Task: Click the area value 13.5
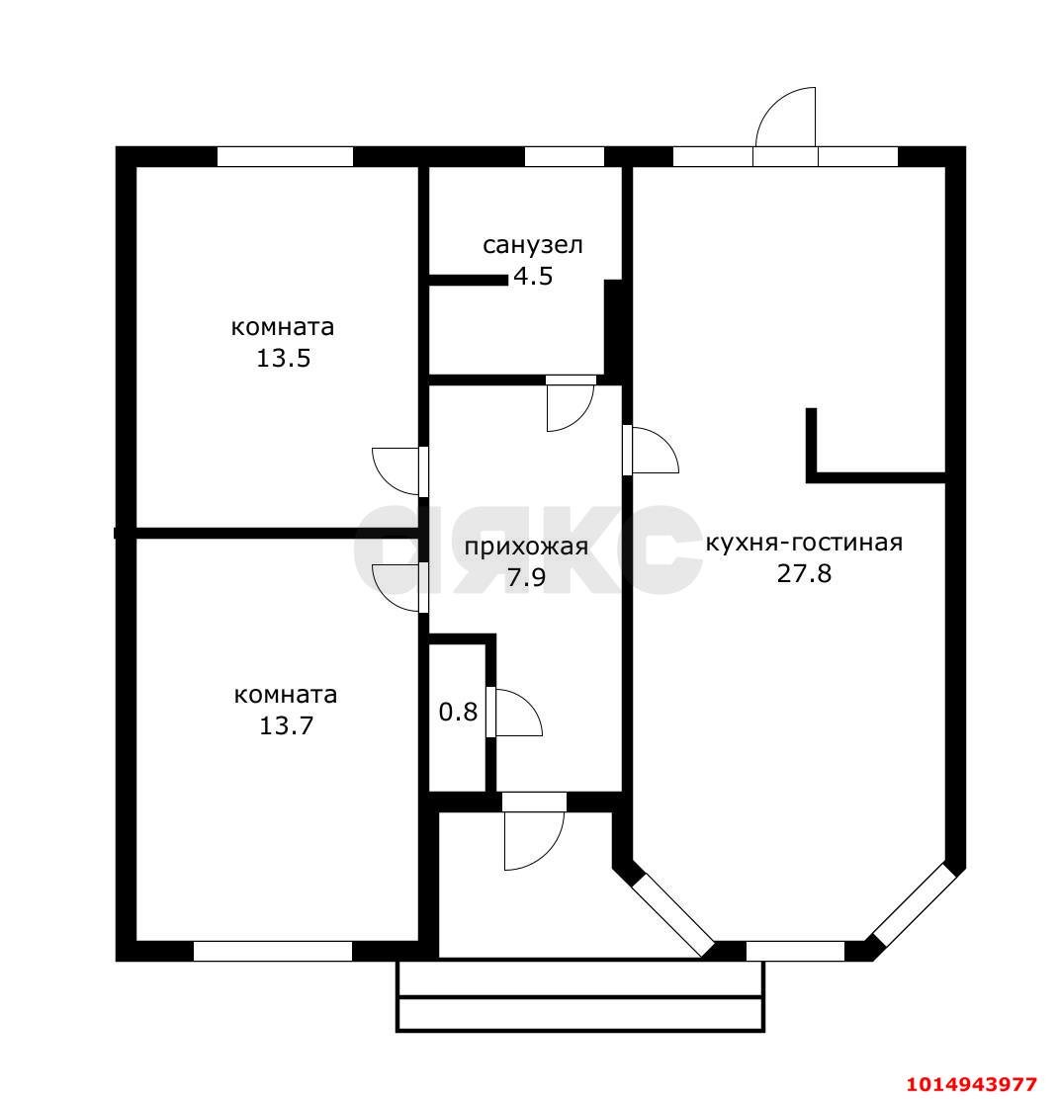pos(284,359)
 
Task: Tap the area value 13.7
pos(287,725)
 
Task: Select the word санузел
pos(533,245)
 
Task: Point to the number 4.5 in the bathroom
pos(533,276)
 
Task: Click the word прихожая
pos(526,547)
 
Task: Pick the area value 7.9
pos(526,577)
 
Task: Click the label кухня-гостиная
pos(804,543)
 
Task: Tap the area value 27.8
pos(804,573)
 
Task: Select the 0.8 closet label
pos(459,712)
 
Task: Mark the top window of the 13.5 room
pos(284,156)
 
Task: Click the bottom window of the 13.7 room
pos(272,952)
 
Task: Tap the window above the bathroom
pos(565,156)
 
